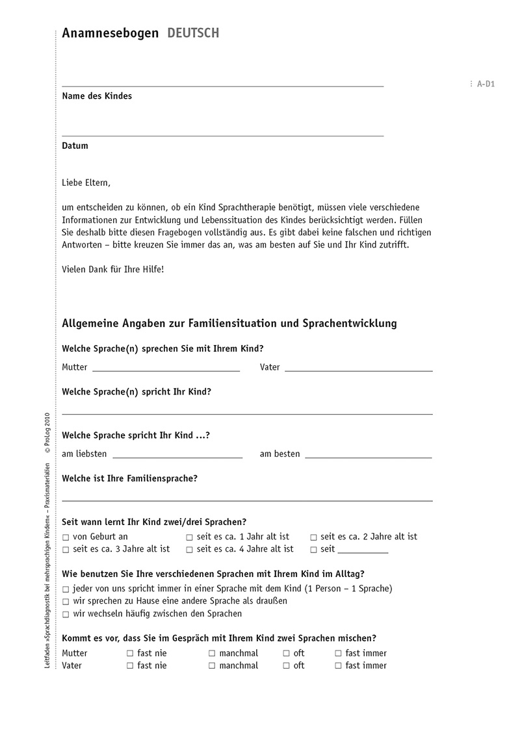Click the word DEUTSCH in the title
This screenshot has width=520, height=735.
tap(193, 33)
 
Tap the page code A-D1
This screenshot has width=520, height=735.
tap(486, 84)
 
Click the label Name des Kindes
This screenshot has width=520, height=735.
tap(97, 96)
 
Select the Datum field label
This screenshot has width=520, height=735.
tap(75, 146)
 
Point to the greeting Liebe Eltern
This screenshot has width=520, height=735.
tap(86, 183)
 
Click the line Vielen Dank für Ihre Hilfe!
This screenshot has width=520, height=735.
tap(113, 268)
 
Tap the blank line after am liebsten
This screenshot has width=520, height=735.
tap(177, 456)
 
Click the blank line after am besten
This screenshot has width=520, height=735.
tap(368, 456)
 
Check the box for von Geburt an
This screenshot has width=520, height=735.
tap(66, 537)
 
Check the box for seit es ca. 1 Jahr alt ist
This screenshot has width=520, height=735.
tap(190, 537)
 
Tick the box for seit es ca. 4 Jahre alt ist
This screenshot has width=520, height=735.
tap(190, 550)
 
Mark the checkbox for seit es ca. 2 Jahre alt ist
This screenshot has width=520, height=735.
tap(314, 537)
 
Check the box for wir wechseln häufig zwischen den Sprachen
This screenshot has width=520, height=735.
tap(66, 614)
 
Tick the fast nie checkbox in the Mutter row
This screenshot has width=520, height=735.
tap(130, 654)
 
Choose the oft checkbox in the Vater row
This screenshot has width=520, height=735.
tap(287, 666)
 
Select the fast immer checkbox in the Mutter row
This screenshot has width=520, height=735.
tap(339, 654)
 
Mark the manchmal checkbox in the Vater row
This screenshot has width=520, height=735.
tap(212, 666)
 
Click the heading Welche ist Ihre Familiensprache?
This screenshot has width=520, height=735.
tap(130, 479)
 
